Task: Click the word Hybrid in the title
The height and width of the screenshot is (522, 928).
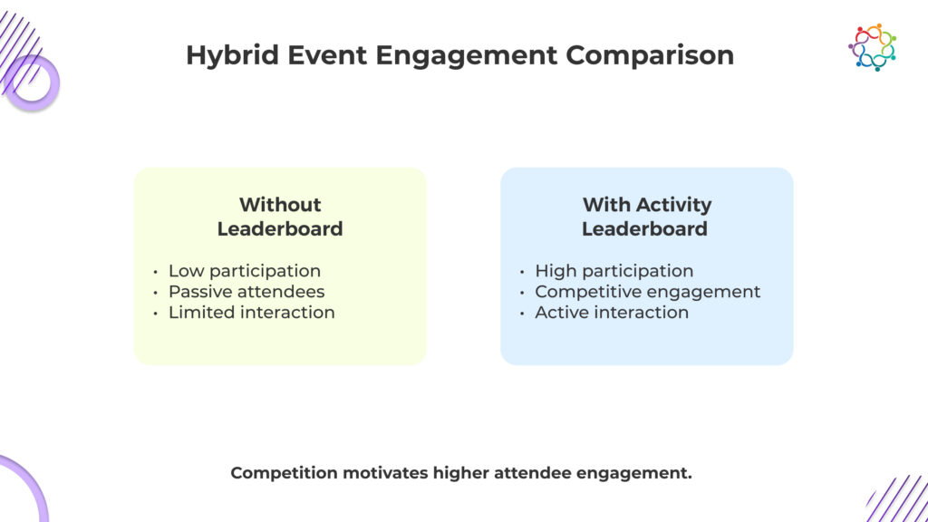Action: [233, 56]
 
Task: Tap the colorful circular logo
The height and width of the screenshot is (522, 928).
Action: [873, 47]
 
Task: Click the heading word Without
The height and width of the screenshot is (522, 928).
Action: [280, 205]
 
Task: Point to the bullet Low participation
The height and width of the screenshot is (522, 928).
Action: [245, 271]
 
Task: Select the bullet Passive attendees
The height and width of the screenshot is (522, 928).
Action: [246, 292]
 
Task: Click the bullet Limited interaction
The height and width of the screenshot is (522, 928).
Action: [252, 313]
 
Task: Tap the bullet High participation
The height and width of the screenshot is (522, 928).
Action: [614, 271]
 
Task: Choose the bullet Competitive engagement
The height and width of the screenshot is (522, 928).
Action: [647, 292]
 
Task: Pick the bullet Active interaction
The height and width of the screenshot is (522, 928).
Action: [612, 313]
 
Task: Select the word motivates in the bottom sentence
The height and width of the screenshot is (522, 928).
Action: [385, 473]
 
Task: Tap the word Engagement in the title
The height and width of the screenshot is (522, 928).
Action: [467, 56]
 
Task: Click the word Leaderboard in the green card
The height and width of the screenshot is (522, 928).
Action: [280, 229]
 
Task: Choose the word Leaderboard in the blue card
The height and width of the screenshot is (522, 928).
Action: [644, 229]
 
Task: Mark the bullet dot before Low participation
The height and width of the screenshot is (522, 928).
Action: [156, 272]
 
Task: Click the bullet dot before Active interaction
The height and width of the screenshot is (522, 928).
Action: [522, 314]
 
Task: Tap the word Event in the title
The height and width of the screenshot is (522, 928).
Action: [326, 56]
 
